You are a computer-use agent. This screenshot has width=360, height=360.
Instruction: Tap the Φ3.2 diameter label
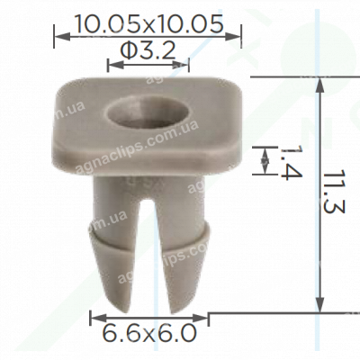coord(148,53)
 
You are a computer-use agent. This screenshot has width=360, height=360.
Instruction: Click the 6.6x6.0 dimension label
coord(148,334)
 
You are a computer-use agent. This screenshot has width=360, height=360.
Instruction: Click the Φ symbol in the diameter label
coord(127,53)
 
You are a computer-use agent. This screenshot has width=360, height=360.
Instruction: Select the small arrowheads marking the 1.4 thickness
coord(265,160)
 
